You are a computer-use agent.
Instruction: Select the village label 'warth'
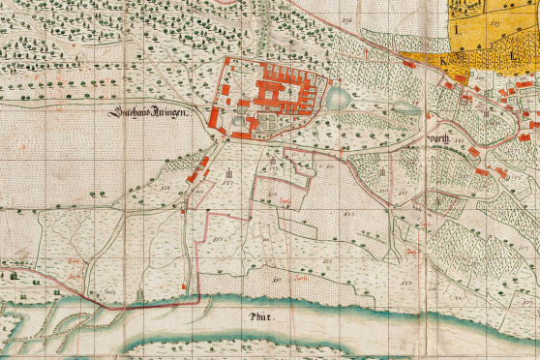click(x=439, y=139)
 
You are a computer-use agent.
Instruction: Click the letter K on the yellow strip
click(x=443, y=60)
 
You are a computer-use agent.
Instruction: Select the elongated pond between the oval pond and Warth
click(x=406, y=108)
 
